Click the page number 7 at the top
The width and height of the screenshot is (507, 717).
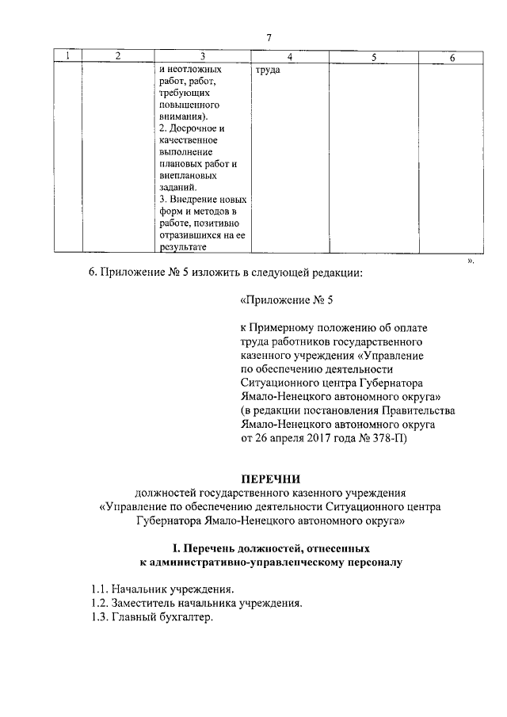tap(269, 38)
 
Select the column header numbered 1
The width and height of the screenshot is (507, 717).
tap(68, 56)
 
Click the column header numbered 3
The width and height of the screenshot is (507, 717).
tap(204, 56)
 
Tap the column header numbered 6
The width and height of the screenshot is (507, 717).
tap(452, 57)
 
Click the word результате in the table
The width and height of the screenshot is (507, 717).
tap(183, 247)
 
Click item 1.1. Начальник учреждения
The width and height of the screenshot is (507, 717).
tap(162, 590)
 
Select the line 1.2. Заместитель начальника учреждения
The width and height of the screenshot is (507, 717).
tap(196, 604)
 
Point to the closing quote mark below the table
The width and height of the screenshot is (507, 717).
tap(470, 259)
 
